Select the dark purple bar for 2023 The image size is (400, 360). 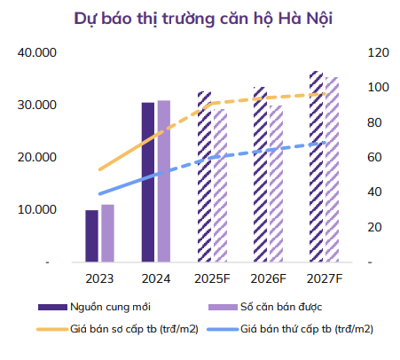tap(91, 237)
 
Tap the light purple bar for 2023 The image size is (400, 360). tap(107, 234)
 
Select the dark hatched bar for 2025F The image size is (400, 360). tap(204, 177)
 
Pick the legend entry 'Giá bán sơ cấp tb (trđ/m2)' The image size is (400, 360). tap(129, 328)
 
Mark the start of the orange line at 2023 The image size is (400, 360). tap(99, 169)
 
